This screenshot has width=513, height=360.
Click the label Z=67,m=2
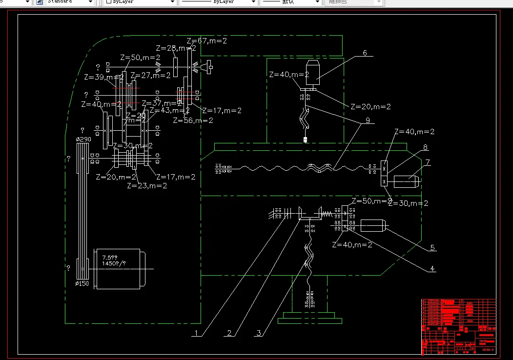[x=206, y=41]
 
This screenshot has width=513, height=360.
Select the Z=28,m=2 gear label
[x=176, y=48]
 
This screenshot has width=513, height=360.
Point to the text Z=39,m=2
[x=103, y=77]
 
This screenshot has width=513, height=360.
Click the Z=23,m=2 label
[x=147, y=185]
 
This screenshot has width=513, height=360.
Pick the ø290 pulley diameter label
[x=83, y=140]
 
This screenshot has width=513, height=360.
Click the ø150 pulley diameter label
[x=82, y=283]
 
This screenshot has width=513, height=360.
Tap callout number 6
[x=364, y=53]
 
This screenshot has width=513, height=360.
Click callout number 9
[x=367, y=120]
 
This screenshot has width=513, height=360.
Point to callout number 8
[x=425, y=147]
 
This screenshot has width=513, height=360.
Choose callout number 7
[x=427, y=162]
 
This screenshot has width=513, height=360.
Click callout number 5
[x=432, y=248]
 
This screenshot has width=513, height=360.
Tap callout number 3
[x=259, y=334]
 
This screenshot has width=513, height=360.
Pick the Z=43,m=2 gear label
[x=169, y=111]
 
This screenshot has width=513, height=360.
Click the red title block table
[x=458, y=326]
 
